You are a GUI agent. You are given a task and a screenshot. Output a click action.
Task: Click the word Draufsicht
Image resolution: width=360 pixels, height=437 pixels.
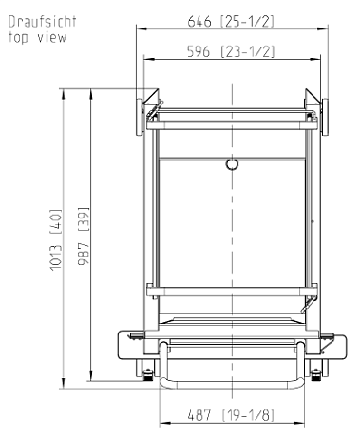[42, 22]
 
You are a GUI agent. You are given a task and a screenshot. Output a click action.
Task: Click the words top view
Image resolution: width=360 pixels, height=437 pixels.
[37, 37]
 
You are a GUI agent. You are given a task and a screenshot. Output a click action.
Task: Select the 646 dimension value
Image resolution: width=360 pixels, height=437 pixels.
[199, 21]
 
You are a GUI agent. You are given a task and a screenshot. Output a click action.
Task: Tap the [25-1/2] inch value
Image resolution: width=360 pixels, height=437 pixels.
[247, 21]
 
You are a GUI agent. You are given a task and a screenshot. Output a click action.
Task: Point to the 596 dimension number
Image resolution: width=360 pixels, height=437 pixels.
[199, 51]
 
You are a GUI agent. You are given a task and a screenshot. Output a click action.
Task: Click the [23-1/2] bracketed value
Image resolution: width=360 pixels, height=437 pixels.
[247, 51]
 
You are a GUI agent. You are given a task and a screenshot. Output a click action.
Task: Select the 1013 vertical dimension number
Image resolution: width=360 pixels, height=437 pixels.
[56, 256]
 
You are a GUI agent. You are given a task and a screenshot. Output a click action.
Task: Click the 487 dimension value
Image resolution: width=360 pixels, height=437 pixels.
[199, 415]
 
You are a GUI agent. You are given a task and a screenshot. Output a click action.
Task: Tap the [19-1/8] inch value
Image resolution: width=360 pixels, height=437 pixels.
[248, 415]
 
